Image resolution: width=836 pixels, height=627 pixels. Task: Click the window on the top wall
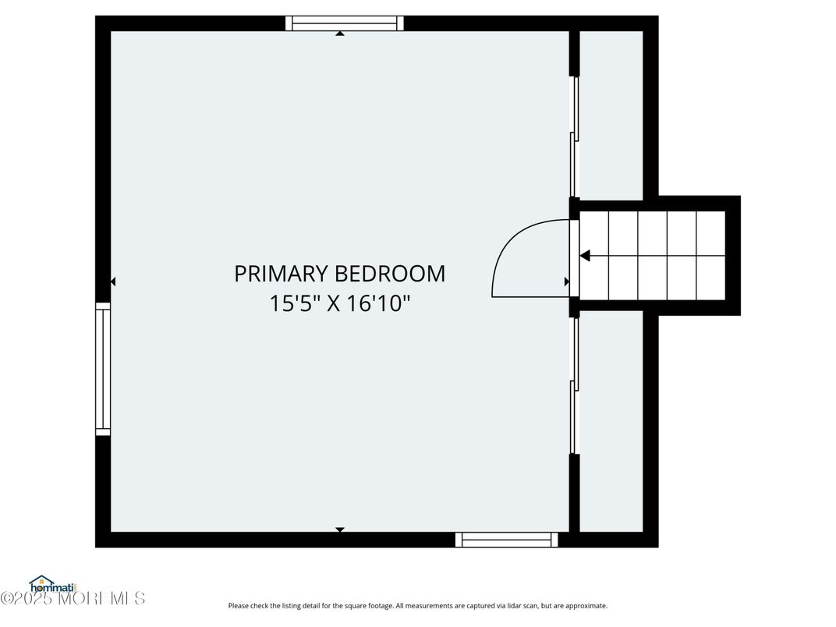coord(344,23)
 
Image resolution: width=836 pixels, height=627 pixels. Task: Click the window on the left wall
coord(103,368)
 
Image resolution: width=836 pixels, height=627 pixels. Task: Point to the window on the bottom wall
coord(507,540)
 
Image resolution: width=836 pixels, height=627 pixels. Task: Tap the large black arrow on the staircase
coord(585,255)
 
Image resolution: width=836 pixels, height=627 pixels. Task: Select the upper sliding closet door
coord(575,136)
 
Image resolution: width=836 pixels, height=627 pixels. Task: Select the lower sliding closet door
coord(575,386)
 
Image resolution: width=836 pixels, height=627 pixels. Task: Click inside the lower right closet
coord(611,421)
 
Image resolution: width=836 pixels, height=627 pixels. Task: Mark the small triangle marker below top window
coord(340,34)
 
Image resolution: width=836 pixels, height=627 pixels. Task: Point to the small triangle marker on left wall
coord(113,282)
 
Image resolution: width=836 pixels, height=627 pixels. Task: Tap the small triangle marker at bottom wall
coord(340,530)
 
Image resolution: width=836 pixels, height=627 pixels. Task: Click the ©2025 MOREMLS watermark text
coord(73,599)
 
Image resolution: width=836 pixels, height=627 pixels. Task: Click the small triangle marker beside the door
coord(567,282)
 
